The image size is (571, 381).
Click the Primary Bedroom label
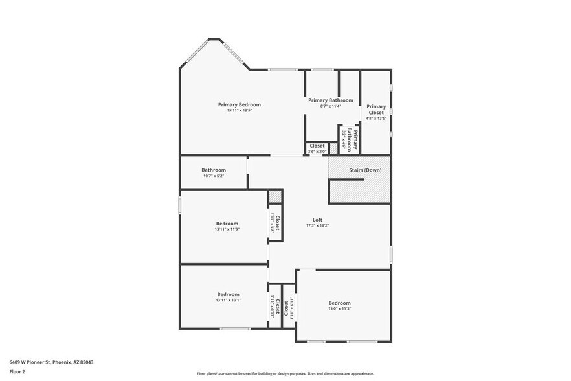pos(239,104)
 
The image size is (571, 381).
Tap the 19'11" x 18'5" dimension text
pos(239,111)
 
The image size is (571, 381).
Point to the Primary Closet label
pos(376,110)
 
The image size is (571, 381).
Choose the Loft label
pos(317,220)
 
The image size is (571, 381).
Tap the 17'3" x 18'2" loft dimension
pos(317,226)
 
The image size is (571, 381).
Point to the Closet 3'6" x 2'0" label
pos(317,148)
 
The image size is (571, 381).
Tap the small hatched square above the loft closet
pos(276,195)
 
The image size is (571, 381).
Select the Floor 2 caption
pos(17,371)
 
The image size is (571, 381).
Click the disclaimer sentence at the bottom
pos(285,373)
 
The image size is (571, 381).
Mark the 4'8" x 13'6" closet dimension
pos(376,119)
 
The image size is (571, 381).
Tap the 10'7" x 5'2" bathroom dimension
pos(213,176)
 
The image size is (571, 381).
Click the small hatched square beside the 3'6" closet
pos(334,148)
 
